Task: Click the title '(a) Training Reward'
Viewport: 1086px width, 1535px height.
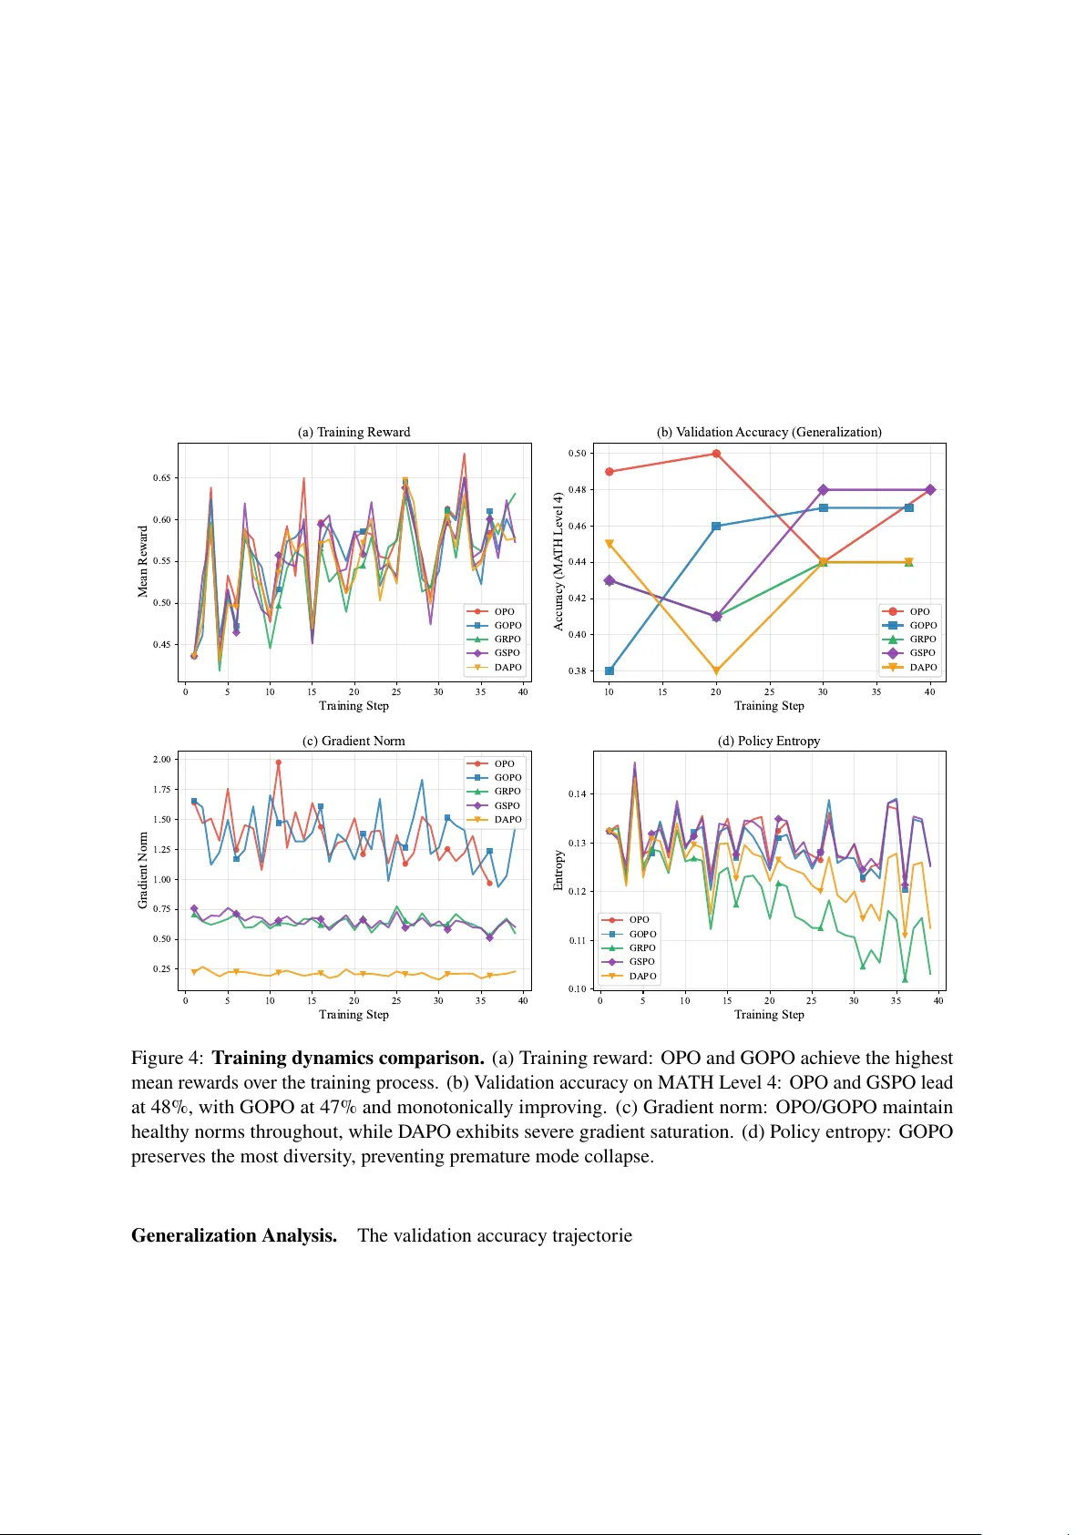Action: (353, 432)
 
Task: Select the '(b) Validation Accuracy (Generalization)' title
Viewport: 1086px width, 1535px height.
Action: (769, 432)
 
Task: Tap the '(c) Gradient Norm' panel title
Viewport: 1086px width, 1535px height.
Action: (353, 741)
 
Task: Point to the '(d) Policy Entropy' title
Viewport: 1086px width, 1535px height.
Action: (769, 741)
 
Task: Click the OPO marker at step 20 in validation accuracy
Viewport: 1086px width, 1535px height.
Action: (716, 454)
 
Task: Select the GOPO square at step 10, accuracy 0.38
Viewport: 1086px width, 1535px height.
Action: (610, 671)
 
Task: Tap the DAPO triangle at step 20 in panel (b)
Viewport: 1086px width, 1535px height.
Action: (716, 671)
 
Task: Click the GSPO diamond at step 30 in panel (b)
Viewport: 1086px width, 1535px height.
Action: (824, 490)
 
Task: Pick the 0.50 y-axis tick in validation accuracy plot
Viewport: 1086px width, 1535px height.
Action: (578, 453)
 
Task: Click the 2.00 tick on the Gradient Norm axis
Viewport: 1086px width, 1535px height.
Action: (162, 759)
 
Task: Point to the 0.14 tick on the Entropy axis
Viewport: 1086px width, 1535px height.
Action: (578, 793)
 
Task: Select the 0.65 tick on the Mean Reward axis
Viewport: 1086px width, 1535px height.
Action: (162, 477)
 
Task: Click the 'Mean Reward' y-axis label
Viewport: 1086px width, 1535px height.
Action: (142, 561)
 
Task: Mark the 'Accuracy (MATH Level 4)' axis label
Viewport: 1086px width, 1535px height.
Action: (558, 561)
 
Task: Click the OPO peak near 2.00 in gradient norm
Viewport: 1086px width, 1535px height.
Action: (279, 762)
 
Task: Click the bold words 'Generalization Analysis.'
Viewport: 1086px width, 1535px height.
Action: (234, 1235)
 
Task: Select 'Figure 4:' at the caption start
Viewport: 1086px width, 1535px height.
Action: (168, 1058)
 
